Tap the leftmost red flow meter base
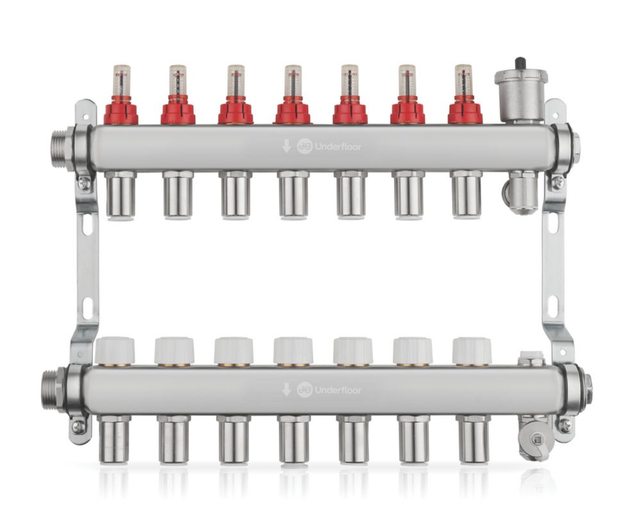pyautogui.click(x=121, y=111)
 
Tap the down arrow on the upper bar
pyautogui.click(x=286, y=147)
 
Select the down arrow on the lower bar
pyautogui.click(x=286, y=390)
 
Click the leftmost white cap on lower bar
pyautogui.click(x=115, y=351)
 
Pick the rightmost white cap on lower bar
pyautogui.click(x=471, y=351)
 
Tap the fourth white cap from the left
pyautogui.click(x=293, y=351)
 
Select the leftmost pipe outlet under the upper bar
pyautogui.click(x=121, y=195)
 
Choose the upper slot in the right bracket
pyautogui.click(x=552, y=225)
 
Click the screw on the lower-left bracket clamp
pyautogui.click(x=78, y=426)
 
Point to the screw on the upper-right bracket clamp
pyautogui.click(x=557, y=183)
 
